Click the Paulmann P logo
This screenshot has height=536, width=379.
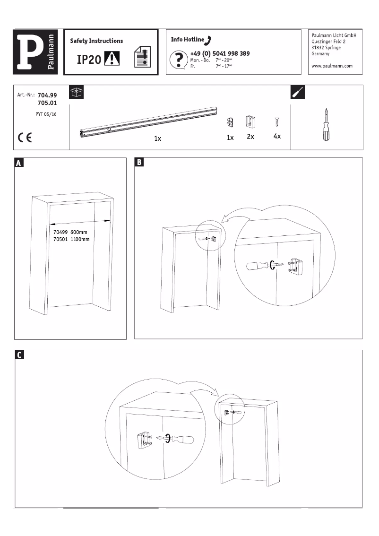tap(35, 52)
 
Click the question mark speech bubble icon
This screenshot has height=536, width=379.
tap(179, 61)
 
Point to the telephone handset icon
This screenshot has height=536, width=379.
tap(209, 40)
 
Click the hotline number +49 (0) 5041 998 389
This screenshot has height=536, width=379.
tap(220, 54)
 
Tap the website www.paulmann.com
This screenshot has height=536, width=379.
tap(332, 66)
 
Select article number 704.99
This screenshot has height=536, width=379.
tap(47, 95)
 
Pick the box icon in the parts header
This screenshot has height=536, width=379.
tap(76, 92)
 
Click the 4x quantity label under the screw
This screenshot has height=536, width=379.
tap(277, 137)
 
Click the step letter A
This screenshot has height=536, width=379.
tap(19, 163)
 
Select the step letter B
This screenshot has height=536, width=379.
tap(139, 163)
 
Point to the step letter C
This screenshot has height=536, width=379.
tap(19, 355)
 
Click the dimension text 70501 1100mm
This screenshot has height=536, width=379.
tap(71, 240)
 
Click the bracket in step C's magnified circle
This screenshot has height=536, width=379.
tap(144, 440)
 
